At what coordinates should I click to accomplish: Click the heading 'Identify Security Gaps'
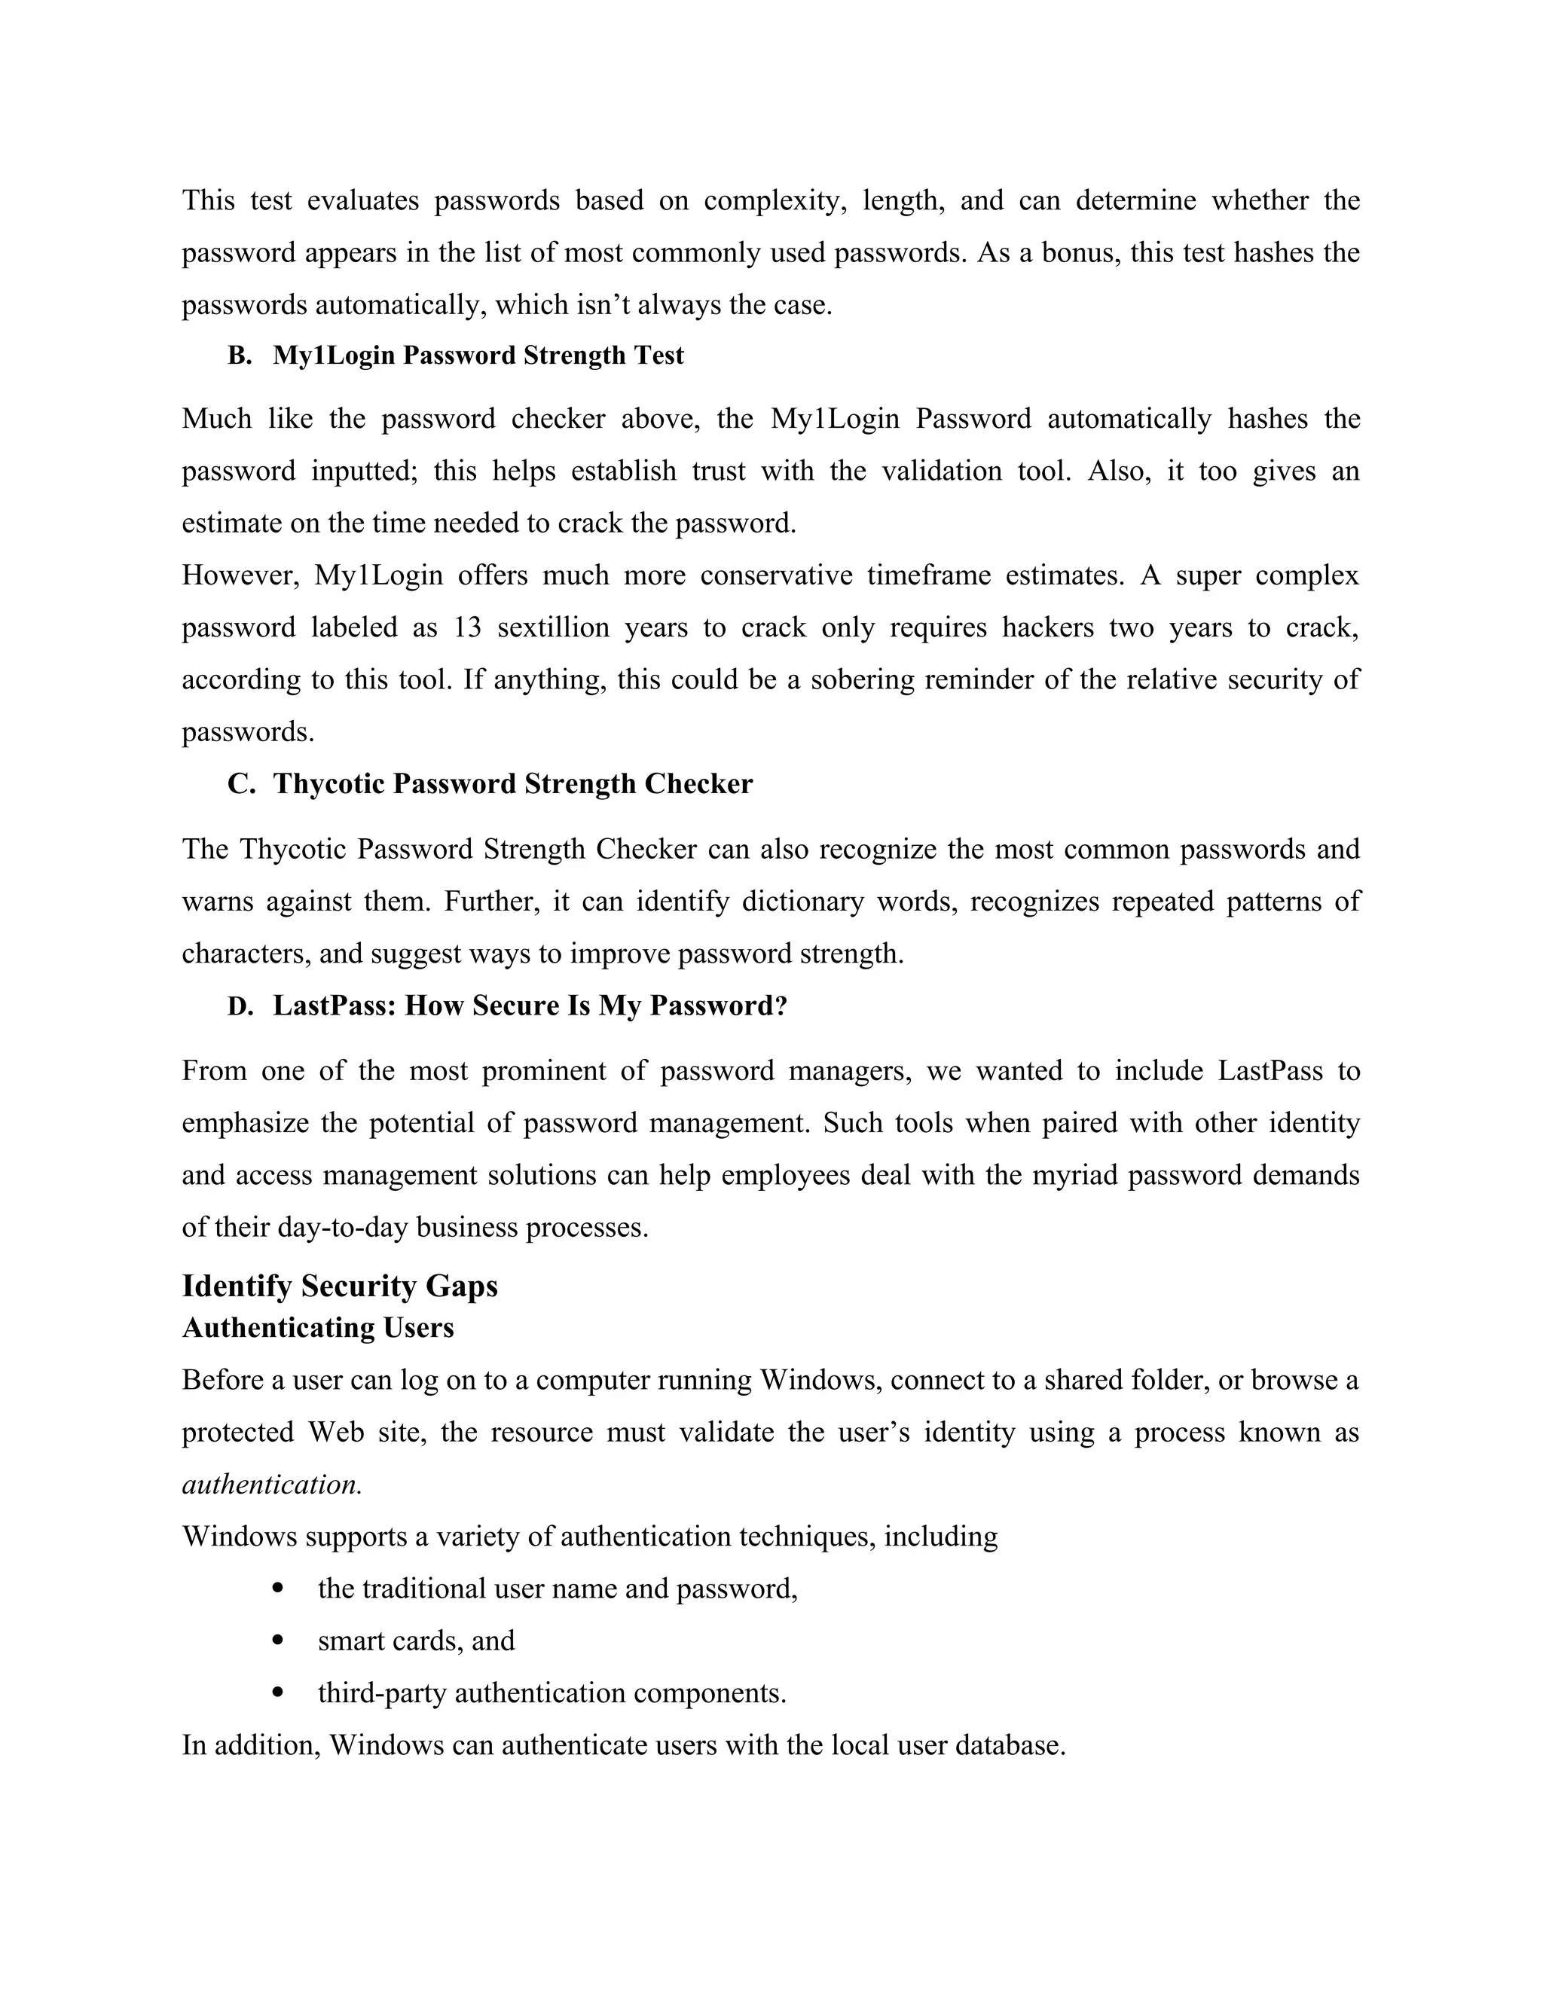point(339,1286)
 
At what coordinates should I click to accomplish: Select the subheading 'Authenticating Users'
point(317,1327)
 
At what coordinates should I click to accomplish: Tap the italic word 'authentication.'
point(271,1485)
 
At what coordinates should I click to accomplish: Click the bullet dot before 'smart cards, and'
point(279,1641)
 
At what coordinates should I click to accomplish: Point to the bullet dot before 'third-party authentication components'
point(279,1693)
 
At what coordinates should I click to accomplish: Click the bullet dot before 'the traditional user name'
point(279,1589)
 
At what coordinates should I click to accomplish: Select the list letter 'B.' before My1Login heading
point(240,356)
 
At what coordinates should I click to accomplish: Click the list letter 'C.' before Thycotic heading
point(240,784)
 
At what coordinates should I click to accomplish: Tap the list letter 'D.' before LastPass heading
point(240,1006)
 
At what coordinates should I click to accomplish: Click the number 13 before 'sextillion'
point(467,628)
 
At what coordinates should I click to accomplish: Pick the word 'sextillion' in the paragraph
point(553,628)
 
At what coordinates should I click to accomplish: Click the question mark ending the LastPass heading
point(781,1006)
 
